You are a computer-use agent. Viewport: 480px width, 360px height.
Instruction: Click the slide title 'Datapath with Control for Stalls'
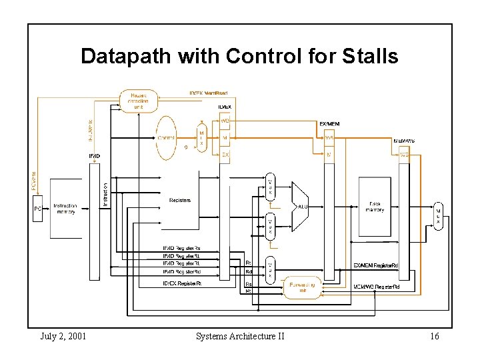pyautogui.click(x=239, y=56)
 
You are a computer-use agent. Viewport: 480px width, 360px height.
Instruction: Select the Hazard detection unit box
pyautogui.click(x=138, y=101)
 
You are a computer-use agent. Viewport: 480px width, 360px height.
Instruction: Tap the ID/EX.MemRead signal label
pyautogui.click(x=209, y=93)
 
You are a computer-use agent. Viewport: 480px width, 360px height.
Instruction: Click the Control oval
pyautogui.click(x=167, y=137)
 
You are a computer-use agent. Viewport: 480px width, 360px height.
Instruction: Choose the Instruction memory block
pyautogui.click(x=65, y=209)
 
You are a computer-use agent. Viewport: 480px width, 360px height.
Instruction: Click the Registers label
pyautogui.click(x=180, y=200)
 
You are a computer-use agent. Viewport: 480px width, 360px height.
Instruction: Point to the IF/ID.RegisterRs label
pyautogui.click(x=182, y=249)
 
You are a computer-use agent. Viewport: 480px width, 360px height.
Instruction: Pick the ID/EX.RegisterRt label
pyautogui.click(x=182, y=283)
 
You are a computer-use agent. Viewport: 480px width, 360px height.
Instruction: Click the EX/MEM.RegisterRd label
pyautogui.click(x=376, y=265)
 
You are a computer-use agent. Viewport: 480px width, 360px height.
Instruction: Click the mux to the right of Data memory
pyautogui.click(x=438, y=215)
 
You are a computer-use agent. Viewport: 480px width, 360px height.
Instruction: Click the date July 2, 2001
pyautogui.click(x=63, y=336)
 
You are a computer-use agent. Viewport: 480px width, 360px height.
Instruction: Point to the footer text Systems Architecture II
pyautogui.click(x=240, y=336)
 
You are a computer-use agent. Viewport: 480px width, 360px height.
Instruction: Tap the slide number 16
pyautogui.click(x=434, y=336)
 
